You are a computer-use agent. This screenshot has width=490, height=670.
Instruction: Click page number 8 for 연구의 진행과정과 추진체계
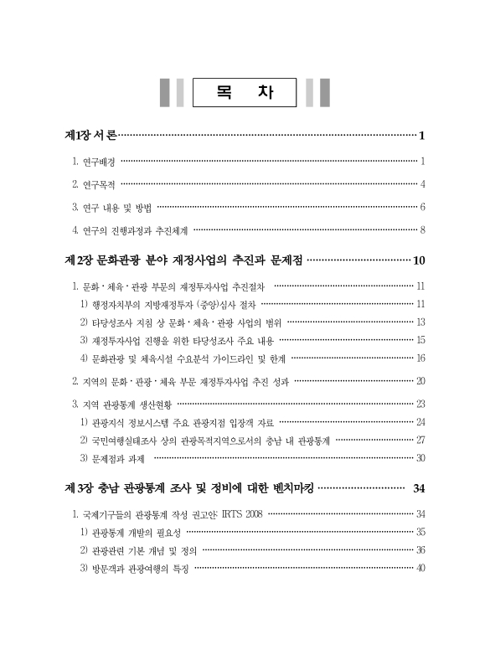(424, 229)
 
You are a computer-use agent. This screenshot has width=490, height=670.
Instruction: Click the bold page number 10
(420, 260)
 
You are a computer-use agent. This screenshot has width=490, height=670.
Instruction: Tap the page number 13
(421, 322)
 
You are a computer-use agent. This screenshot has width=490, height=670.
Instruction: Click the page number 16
(421, 358)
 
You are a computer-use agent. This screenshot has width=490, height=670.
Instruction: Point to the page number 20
(421, 381)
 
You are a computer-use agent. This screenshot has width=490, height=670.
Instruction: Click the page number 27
(421, 440)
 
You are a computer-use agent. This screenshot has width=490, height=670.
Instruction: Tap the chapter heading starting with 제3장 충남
(188, 488)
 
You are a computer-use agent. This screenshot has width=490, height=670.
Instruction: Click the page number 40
(421, 569)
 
